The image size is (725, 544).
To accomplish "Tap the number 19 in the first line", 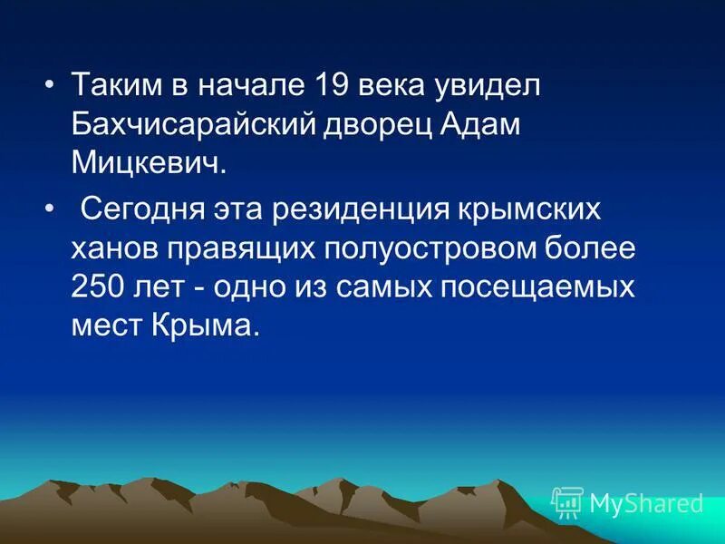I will tap(333, 86).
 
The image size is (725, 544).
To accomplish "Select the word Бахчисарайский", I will tap(192, 125).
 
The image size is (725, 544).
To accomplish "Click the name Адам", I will tap(482, 125).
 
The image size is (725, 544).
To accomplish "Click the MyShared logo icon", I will tap(567, 502).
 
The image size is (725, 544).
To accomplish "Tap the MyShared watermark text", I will tap(646, 503).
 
